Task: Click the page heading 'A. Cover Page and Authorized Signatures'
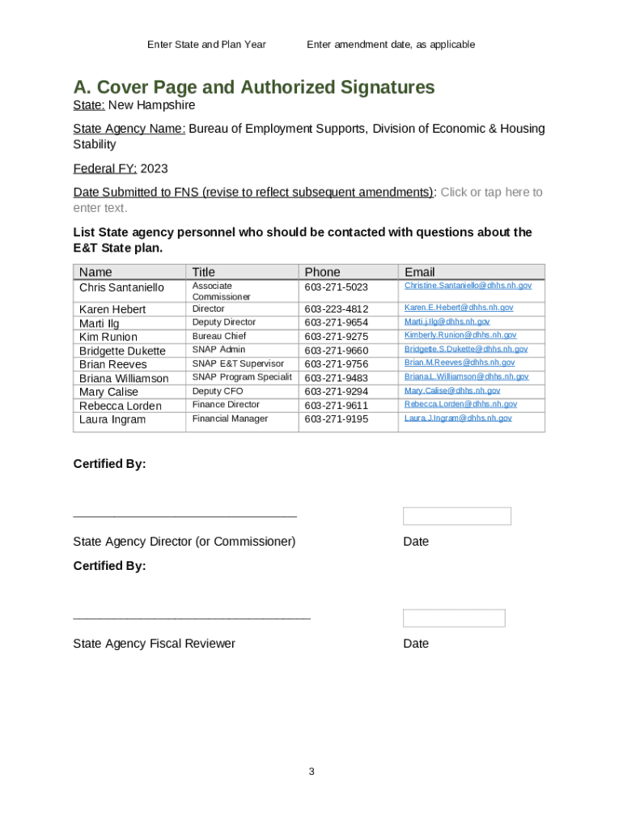[x=254, y=87]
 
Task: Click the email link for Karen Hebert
[x=458, y=308]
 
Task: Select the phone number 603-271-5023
[x=336, y=287]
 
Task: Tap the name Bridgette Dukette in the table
[x=122, y=351]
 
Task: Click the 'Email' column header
[x=420, y=272]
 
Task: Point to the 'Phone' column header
[x=322, y=272]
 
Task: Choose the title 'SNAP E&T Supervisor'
[x=238, y=363]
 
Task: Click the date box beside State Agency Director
[x=456, y=516]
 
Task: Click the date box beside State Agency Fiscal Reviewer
[x=454, y=619]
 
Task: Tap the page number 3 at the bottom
[x=311, y=772]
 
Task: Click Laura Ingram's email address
[x=458, y=418]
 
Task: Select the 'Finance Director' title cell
[x=226, y=404]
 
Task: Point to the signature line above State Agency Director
[x=184, y=516]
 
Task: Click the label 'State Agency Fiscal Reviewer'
[x=154, y=644]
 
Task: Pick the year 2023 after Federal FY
[x=154, y=168]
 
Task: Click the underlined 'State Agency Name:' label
[x=129, y=129]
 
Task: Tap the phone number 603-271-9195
[x=336, y=419]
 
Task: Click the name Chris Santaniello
[x=121, y=287]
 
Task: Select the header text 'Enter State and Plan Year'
[x=206, y=45]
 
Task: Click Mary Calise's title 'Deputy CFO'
[x=218, y=391]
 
